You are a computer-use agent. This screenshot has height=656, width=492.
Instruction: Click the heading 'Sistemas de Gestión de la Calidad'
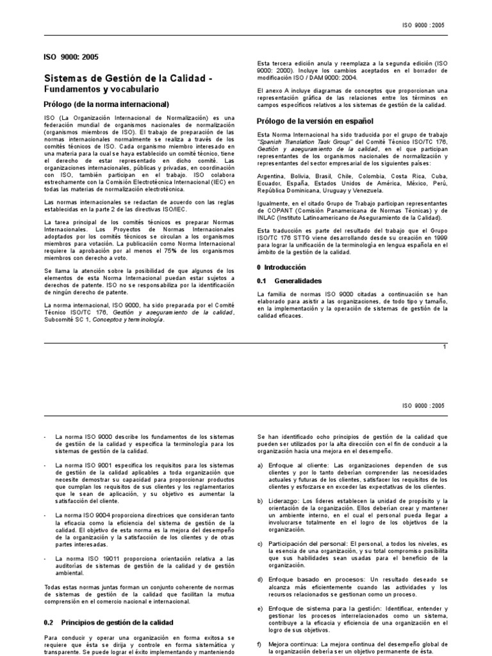[119, 78]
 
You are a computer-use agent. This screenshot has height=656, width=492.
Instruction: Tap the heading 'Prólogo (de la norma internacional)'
[106, 104]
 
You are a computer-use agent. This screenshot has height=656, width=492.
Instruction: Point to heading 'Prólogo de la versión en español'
[315, 120]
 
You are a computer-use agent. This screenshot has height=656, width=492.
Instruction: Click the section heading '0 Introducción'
[281, 267]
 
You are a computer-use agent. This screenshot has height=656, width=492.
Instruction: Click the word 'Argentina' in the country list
[272, 176]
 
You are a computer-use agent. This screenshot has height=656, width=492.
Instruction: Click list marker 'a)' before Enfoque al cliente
[259, 465]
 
